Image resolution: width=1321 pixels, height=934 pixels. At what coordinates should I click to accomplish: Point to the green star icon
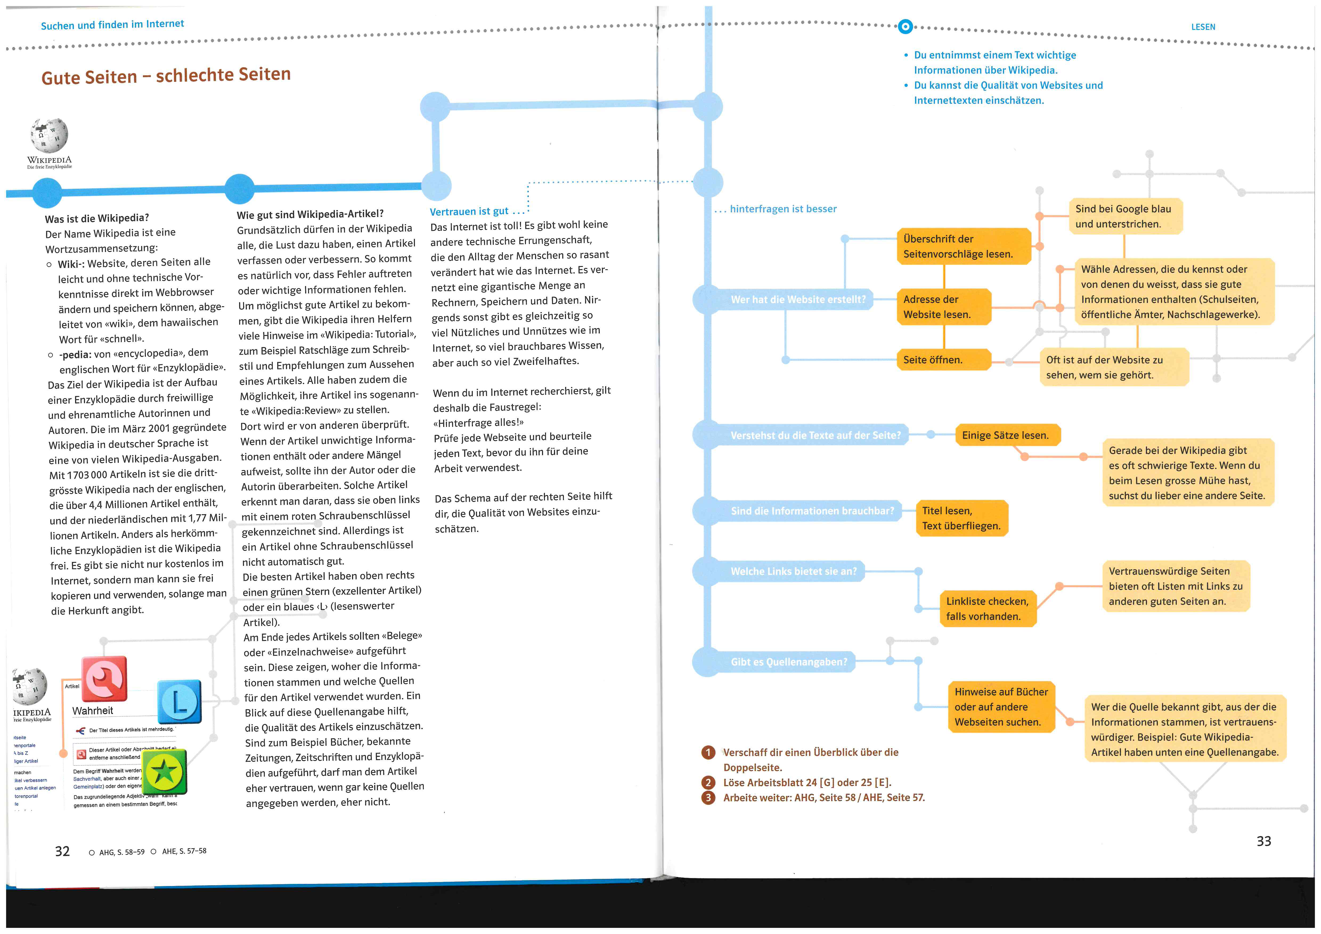165,772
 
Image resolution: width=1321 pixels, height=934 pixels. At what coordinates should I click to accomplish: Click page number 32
62,851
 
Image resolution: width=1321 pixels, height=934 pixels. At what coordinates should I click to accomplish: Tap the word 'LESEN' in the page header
1203,27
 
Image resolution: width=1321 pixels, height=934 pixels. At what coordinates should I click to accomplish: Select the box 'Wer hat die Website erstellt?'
797,299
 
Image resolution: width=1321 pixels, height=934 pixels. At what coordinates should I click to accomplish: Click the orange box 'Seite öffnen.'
944,360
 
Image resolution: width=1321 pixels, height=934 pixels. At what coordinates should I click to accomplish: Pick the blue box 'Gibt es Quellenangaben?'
788,662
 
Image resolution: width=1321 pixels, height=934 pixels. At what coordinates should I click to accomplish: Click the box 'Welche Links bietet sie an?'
793,571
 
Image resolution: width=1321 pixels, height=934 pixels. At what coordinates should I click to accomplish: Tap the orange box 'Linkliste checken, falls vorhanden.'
987,608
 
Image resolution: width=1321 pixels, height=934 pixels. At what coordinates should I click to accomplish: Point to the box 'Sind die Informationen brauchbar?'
812,511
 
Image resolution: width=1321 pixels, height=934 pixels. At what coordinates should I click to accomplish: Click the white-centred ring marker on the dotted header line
905,26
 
